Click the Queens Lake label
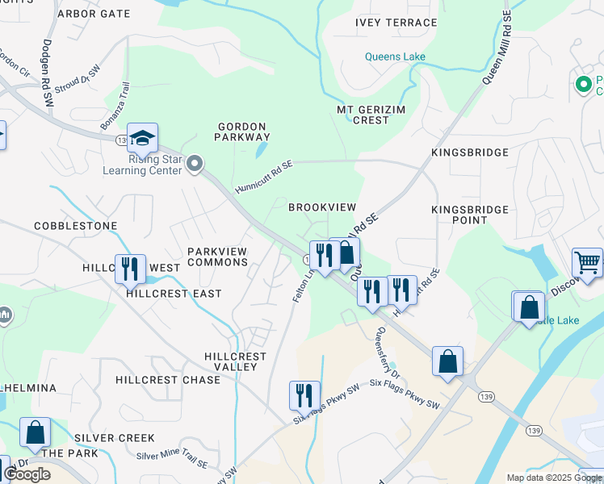(x=394, y=57)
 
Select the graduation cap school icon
(x=142, y=140)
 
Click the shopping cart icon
(x=587, y=262)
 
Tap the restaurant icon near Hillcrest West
(x=130, y=269)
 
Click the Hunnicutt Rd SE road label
(x=263, y=176)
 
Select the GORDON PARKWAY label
(x=242, y=131)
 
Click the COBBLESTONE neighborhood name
(x=76, y=226)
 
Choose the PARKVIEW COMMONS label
(x=217, y=257)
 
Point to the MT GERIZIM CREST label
(x=363, y=115)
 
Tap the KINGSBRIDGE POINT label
(x=470, y=215)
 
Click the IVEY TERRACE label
(x=396, y=23)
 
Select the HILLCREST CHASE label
(x=168, y=380)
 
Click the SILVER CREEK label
(x=114, y=438)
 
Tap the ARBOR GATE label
(x=94, y=14)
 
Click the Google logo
(x=27, y=474)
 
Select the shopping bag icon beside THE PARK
(x=35, y=432)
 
